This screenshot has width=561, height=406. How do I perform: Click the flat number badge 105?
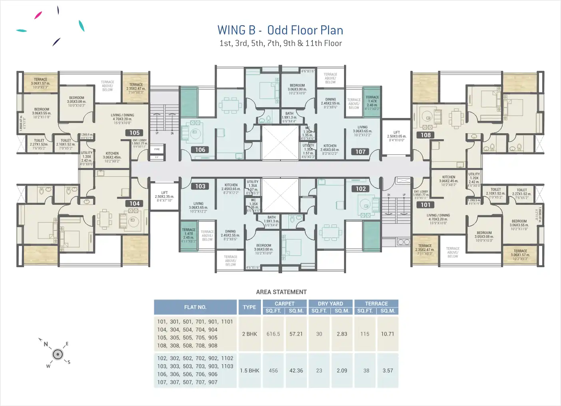(135, 133)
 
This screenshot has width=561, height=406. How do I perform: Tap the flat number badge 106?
(200, 150)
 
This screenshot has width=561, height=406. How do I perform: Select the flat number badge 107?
(360, 152)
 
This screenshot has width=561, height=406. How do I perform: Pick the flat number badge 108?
(426, 135)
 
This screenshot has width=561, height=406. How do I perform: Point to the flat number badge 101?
(426, 205)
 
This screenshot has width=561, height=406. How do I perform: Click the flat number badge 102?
(361, 189)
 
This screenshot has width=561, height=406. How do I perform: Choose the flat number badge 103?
(200, 186)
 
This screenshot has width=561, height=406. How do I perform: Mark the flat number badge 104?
(135, 204)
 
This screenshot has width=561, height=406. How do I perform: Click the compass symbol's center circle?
(58, 354)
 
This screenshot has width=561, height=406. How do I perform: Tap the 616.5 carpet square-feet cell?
(273, 334)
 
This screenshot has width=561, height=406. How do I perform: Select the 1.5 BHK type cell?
(249, 371)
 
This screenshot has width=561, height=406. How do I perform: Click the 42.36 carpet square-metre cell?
(296, 371)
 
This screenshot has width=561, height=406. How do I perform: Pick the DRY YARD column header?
(330, 304)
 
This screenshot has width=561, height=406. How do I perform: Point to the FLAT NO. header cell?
(195, 307)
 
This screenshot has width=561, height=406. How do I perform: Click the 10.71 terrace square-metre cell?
(387, 334)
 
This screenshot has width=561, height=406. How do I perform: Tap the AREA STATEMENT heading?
(281, 292)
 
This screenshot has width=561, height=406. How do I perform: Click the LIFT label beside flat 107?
(396, 132)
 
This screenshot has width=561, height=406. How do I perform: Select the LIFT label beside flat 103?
(165, 193)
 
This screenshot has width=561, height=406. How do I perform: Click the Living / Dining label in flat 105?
(123, 115)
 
